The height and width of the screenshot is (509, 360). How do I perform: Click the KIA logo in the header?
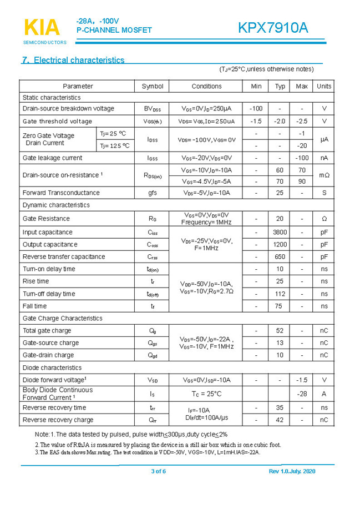(x=42, y=28)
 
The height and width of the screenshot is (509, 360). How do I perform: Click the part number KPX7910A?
(x=273, y=28)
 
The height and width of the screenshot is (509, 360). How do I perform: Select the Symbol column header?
(x=152, y=86)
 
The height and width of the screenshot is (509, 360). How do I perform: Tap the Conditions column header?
(x=206, y=86)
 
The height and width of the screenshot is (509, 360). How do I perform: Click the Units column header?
(x=324, y=86)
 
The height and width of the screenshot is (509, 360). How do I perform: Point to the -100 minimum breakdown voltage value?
(x=256, y=109)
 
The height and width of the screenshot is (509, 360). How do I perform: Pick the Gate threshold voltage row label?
(x=57, y=122)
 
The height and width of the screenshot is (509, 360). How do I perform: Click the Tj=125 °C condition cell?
(x=115, y=146)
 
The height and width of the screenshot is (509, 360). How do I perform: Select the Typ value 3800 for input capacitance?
(x=280, y=233)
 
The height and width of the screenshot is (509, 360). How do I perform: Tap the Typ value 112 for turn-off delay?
(x=280, y=294)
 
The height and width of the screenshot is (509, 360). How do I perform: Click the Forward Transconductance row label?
(x=61, y=193)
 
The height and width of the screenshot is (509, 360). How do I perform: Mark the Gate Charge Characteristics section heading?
(x=62, y=319)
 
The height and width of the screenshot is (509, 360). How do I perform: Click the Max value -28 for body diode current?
(x=302, y=394)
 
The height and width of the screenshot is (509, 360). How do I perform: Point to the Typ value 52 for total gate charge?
(x=280, y=331)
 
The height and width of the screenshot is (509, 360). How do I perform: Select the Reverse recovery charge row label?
(x=58, y=420)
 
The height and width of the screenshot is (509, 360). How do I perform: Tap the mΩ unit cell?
(x=324, y=175)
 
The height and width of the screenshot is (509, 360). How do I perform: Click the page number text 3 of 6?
(x=158, y=472)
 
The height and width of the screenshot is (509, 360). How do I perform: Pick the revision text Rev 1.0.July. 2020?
(x=292, y=472)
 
